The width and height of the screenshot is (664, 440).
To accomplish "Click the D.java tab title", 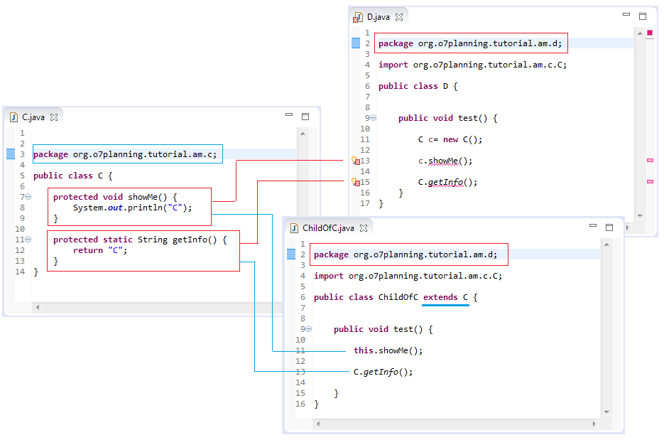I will (378, 16).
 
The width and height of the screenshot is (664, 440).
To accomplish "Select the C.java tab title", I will (33, 117).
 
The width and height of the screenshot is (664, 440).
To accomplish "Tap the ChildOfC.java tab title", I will (327, 228).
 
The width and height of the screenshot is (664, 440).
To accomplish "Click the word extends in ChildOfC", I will (440, 297).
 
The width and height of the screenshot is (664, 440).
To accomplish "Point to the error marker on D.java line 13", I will (356, 161).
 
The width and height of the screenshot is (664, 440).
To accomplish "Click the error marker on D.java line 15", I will (356, 183).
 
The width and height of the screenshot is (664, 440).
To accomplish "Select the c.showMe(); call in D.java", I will (445, 161).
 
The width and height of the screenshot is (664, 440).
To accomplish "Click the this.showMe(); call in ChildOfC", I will (388, 350).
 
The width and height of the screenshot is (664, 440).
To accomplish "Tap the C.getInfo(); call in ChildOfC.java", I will (383, 372).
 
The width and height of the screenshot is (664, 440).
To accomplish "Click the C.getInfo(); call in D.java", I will (447, 183).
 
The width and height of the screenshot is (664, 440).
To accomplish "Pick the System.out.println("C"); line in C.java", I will (132, 208).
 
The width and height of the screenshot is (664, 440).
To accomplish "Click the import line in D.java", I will (472, 65).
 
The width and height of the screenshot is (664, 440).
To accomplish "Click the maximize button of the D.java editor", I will (643, 16).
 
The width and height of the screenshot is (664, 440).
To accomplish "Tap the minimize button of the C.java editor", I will (289, 116).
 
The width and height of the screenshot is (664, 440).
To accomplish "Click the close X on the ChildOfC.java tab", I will (363, 228).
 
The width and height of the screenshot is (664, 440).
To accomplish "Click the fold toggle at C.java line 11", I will (28, 240).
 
